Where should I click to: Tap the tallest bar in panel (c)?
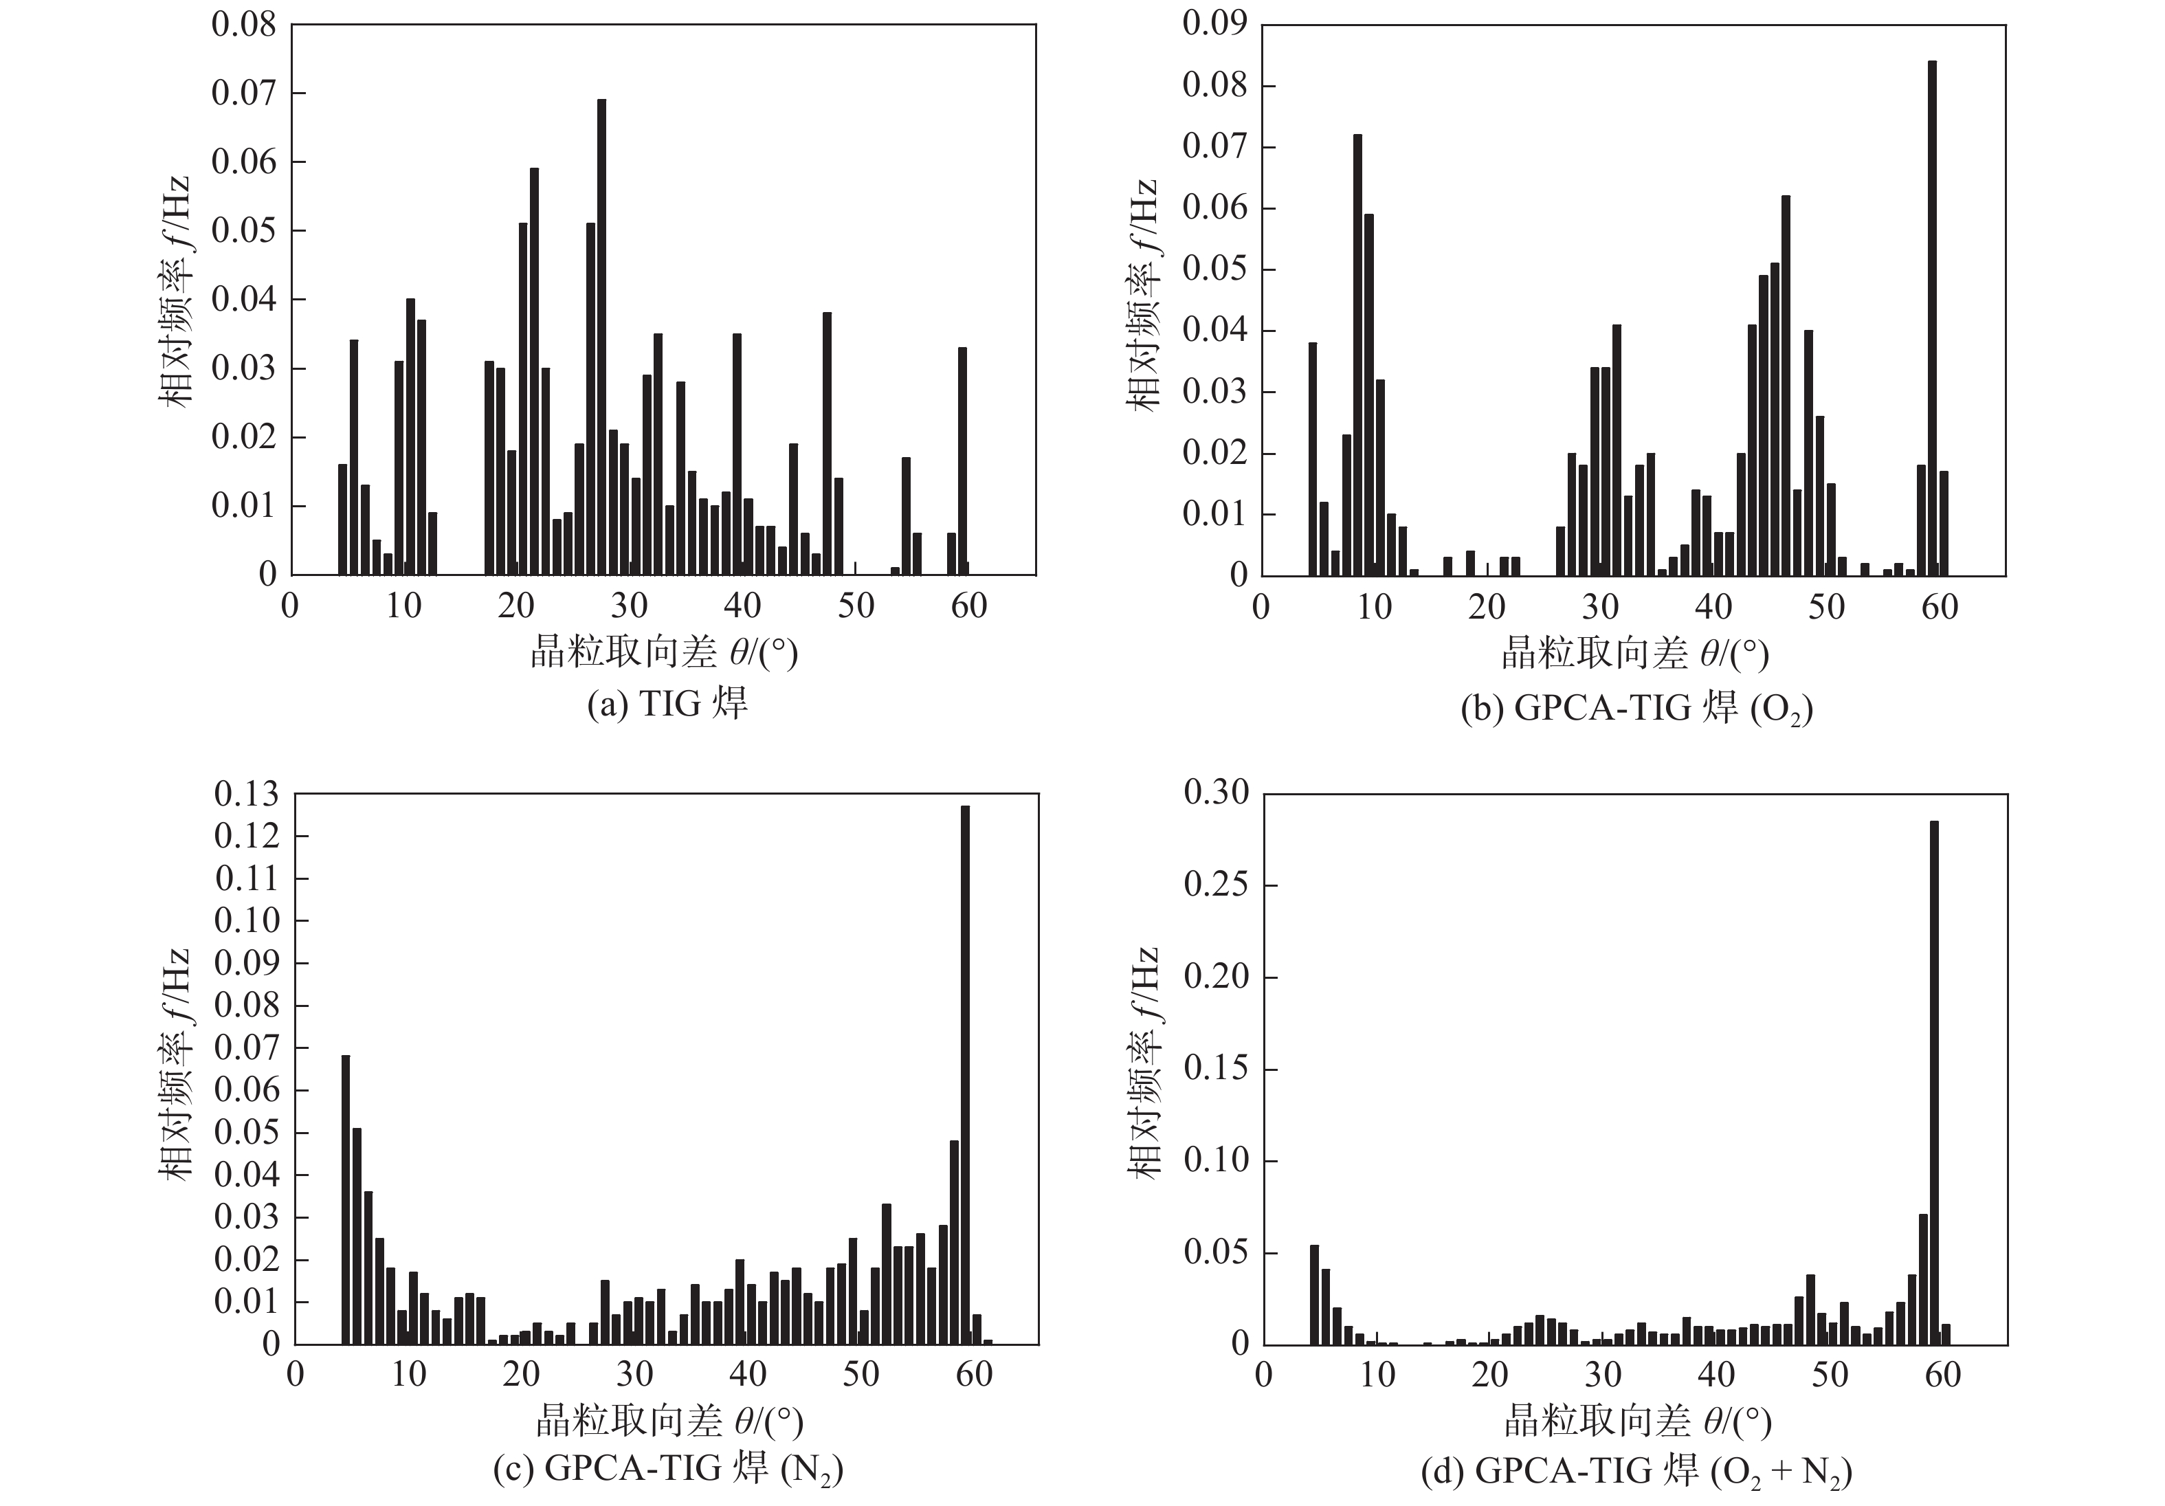tap(965, 1074)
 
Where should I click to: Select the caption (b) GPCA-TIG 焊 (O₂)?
tap(1636, 708)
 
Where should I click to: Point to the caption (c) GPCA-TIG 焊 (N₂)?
tap(667, 1468)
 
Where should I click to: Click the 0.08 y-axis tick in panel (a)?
tap(243, 25)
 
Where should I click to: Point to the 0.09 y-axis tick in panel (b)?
tap(1214, 25)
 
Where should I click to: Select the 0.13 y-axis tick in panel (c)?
tap(246, 794)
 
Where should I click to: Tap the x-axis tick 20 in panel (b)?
tap(1487, 606)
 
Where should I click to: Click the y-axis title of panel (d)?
tap(1144, 1062)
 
